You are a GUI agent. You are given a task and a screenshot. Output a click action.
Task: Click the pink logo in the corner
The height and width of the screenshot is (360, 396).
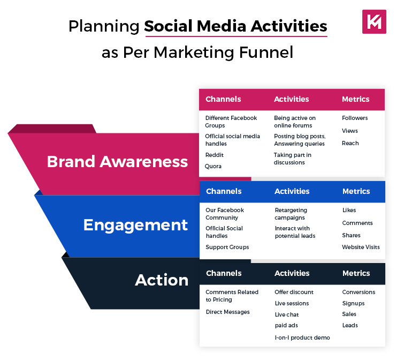tap(374, 21)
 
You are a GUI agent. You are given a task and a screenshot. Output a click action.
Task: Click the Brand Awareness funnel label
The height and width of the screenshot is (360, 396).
tap(117, 162)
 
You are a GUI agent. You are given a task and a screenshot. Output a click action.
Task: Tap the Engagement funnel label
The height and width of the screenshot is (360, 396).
tap(135, 224)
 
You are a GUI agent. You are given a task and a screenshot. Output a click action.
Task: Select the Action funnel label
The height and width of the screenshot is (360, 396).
tap(162, 280)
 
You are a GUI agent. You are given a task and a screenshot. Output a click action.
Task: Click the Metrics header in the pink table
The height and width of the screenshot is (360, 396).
tap(355, 99)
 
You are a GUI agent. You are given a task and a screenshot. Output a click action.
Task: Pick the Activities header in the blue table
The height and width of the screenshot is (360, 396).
tap(292, 191)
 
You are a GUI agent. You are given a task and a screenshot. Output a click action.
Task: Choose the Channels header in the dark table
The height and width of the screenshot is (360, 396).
tap(224, 273)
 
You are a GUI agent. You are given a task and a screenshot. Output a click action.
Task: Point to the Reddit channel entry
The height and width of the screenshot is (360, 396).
tap(215, 155)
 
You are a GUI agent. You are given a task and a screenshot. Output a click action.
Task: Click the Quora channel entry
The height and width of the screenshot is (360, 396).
tap(214, 166)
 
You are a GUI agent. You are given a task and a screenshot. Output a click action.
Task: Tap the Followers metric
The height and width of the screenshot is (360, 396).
tap(355, 118)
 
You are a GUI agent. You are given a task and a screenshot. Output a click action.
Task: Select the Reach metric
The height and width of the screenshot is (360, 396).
tap(351, 143)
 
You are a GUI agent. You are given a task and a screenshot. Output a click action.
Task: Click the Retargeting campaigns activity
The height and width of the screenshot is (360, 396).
tap(291, 214)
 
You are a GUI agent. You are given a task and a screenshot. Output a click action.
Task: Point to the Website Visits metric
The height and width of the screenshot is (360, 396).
tap(361, 247)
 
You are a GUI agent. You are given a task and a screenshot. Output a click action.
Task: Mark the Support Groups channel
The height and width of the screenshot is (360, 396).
tap(227, 247)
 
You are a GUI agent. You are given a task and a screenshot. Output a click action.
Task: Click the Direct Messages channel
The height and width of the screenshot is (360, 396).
tap(227, 312)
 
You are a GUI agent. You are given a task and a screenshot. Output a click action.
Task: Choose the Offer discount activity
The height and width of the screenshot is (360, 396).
tap(294, 292)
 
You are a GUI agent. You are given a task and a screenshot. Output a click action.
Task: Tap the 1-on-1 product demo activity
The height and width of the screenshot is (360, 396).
tap(302, 337)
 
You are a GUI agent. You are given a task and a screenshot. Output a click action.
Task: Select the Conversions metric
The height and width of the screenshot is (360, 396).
tap(359, 292)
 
